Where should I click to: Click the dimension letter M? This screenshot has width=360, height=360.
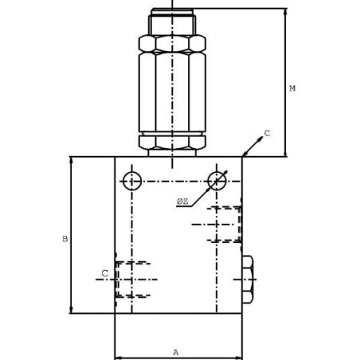pyautogui.click(x=292, y=88)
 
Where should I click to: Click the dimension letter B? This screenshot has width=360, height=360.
pyautogui.click(x=65, y=239)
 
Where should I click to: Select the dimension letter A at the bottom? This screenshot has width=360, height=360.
pyautogui.click(x=176, y=352)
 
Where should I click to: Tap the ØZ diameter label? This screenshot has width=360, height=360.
pyautogui.click(x=182, y=202)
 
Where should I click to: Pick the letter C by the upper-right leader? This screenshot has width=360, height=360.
pyautogui.click(x=267, y=134)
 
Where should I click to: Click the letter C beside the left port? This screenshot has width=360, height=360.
pyautogui.click(x=104, y=274)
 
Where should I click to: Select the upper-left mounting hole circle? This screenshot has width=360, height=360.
pyautogui.click(x=132, y=181)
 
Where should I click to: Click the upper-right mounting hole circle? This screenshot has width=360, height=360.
pyautogui.click(x=217, y=181)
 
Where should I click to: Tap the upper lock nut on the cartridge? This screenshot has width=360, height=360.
pyautogui.click(x=172, y=43)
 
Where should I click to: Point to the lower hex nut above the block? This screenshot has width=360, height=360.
pyautogui.click(x=172, y=142)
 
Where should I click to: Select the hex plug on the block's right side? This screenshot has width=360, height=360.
pyautogui.click(x=247, y=280)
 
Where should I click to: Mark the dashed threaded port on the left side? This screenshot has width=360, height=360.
pyautogui.click(x=132, y=280)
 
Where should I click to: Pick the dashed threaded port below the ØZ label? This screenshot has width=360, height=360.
pyautogui.click(x=225, y=224)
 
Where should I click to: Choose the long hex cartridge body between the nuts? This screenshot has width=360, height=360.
pyautogui.click(x=172, y=92)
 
